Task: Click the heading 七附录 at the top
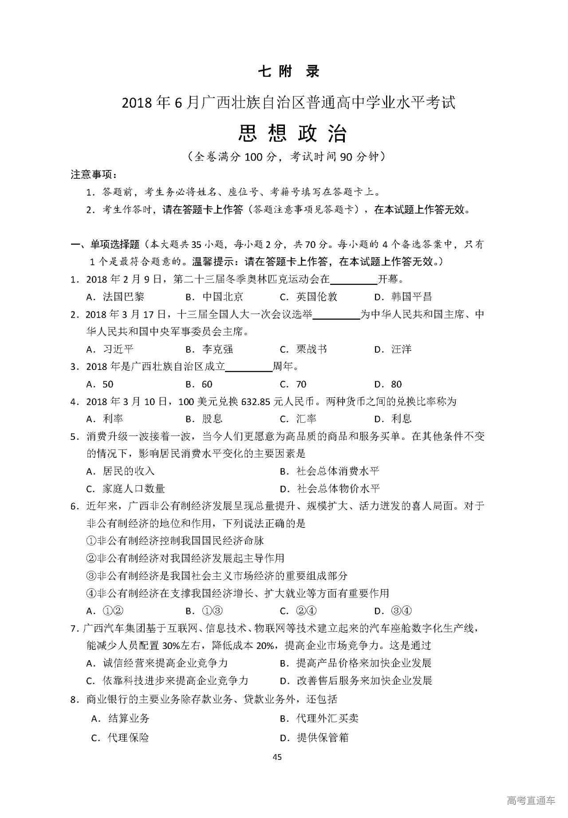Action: pos(288,71)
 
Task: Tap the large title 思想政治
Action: pos(292,132)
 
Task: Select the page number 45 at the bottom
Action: pos(277,757)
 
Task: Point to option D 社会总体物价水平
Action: pos(330,489)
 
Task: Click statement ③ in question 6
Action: pos(217,576)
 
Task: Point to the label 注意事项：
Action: pos(94,175)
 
